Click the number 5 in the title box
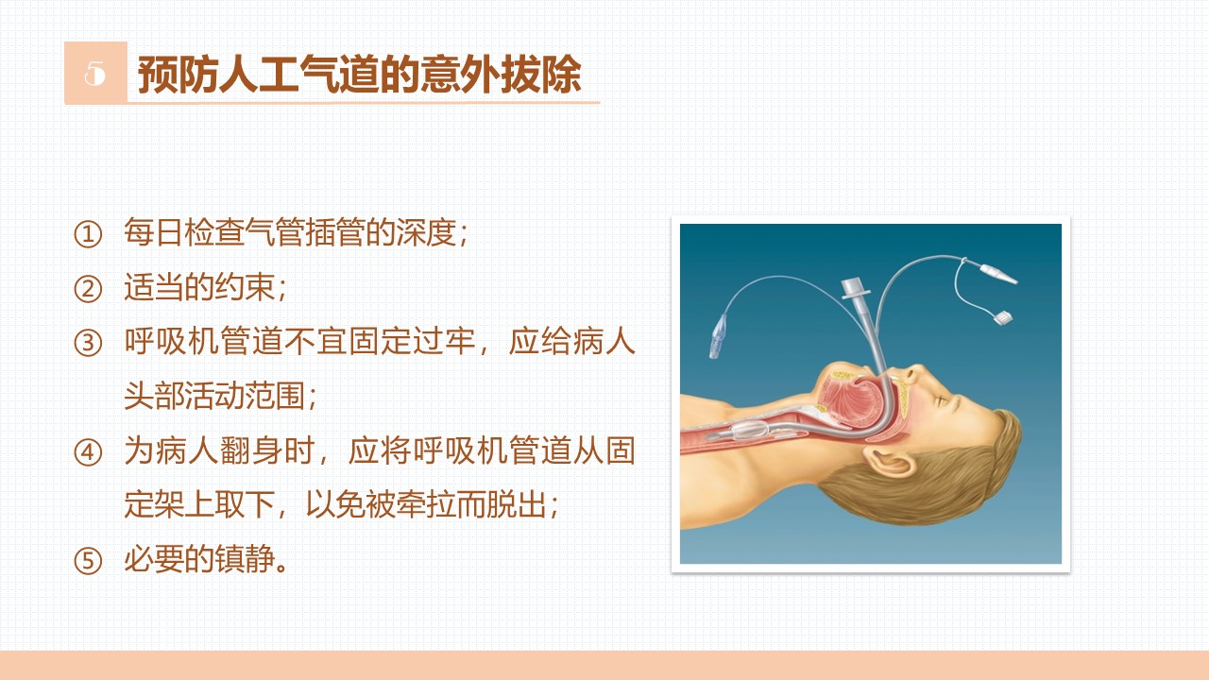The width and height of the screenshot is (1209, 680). coord(95,73)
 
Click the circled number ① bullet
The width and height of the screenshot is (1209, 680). coord(88,234)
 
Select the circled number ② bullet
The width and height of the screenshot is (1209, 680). coord(88,289)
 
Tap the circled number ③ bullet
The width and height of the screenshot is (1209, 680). coord(88,343)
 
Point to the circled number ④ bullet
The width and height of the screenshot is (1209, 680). coord(88,452)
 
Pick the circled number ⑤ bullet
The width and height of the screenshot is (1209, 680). coord(88,561)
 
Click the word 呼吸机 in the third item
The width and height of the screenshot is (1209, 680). coord(172,341)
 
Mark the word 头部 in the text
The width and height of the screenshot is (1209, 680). coord(155,396)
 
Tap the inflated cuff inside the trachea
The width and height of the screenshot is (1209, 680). coord(751,430)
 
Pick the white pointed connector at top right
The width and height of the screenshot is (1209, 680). coord(997,273)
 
